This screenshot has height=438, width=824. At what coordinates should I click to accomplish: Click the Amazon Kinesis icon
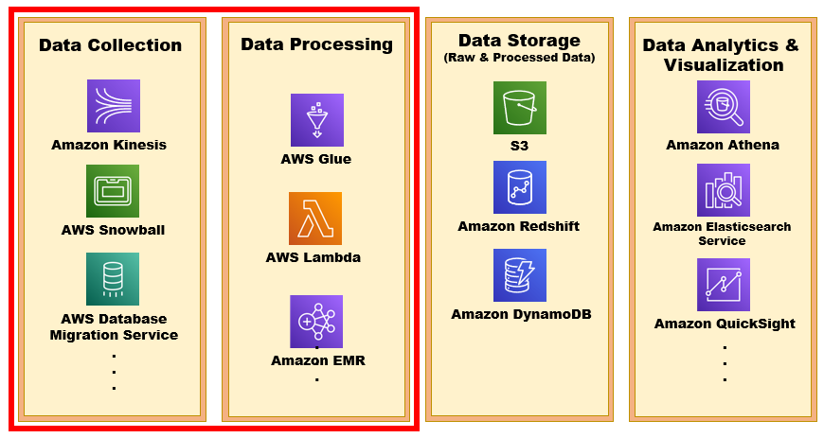tap(113, 105)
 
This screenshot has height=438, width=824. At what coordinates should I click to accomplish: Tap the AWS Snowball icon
tap(113, 191)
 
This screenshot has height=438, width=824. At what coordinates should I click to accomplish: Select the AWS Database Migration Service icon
tap(113, 279)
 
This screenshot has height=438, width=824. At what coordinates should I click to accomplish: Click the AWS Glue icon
tap(316, 120)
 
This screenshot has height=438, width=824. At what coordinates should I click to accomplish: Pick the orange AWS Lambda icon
tap(315, 219)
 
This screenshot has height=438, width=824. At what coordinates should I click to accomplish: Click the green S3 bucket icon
tap(519, 107)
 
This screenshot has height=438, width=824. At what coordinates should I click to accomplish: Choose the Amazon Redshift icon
tap(519, 187)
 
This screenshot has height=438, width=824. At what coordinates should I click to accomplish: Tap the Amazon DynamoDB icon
tap(519, 275)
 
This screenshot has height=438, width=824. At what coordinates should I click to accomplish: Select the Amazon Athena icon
tap(723, 107)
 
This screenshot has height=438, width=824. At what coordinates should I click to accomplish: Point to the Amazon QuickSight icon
tap(724, 285)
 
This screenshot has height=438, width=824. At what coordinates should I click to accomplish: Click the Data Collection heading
tap(110, 45)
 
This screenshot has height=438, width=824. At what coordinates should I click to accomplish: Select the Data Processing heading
tap(316, 44)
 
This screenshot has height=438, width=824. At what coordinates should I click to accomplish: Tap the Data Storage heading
tap(519, 41)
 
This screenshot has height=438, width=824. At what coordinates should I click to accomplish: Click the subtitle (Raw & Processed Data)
tap(519, 58)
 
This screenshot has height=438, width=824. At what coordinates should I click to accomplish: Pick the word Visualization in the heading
tap(724, 65)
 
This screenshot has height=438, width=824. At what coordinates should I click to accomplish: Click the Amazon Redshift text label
tap(518, 226)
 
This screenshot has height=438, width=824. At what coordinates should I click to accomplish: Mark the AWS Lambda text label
tap(313, 257)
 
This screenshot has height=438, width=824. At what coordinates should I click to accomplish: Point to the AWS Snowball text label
tap(113, 230)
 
